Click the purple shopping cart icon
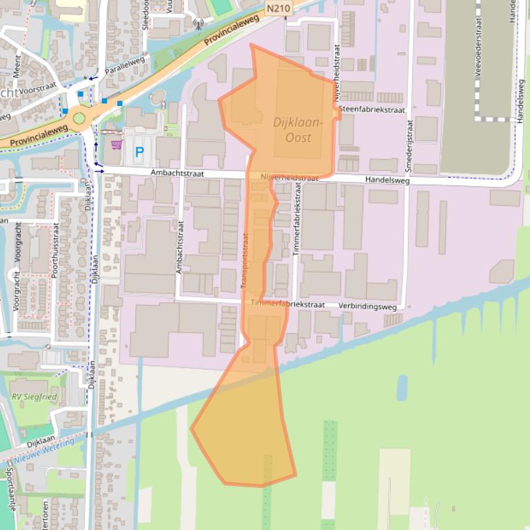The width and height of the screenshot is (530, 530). pos(116,145)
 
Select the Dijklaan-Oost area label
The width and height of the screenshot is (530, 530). pos(298,130)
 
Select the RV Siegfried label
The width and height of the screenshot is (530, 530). pos(34,397)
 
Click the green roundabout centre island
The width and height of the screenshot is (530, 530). pos(79,118)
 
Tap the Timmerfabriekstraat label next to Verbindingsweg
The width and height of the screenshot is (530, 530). pos(287,304)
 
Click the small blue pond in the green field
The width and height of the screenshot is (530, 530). pos(402,388)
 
